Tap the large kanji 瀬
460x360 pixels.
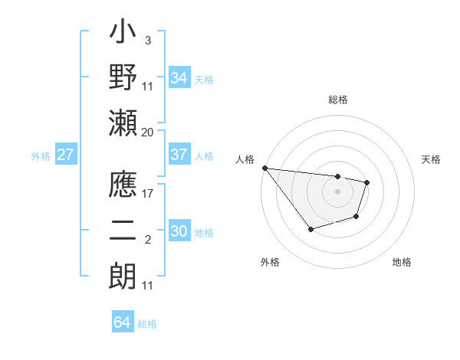coord(123,121)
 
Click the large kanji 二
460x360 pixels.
coord(123,231)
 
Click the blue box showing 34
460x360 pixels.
coord(179,78)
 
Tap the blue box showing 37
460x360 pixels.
coord(179,155)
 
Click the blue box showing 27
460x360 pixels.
coord(66,155)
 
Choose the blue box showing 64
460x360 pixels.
coord(122,322)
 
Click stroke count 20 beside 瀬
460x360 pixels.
coord(147,132)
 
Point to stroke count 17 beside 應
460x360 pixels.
coord(147,194)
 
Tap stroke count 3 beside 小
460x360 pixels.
coord(147,39)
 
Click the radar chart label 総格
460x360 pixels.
coord(337,100)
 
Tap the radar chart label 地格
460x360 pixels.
coord(402,262)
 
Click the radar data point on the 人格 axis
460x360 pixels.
coord(264,168)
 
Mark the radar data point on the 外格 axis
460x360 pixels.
coord(310,229)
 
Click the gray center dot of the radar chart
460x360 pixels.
coord(337,191)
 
